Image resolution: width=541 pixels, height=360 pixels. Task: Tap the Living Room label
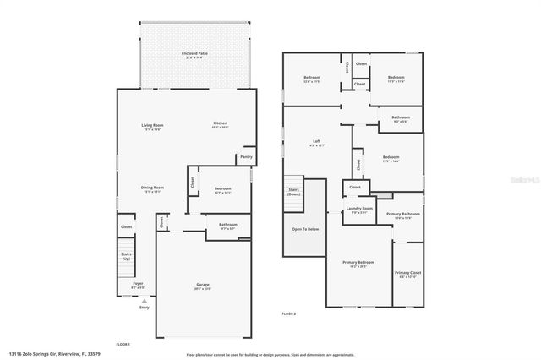click(152, 125)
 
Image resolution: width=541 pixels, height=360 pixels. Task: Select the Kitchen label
click(220, 123)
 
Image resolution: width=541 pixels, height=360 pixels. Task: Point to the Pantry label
click(246, 156)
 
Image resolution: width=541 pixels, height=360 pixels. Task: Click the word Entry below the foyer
click(143, 307)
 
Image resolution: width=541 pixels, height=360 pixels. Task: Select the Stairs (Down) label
click(293, 191)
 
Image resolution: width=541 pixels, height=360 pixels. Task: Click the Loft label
click(314, 142)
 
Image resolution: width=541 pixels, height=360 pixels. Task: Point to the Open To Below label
click(305, 229)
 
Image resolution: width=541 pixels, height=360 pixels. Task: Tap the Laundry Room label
click(361, 208)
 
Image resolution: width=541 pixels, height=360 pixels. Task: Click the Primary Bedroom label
click(359, 262)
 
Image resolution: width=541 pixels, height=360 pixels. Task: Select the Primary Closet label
click(407, 272)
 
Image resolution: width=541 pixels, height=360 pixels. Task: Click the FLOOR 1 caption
click(123, 344)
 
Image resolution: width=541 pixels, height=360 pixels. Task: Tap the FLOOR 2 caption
click(289, 314)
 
